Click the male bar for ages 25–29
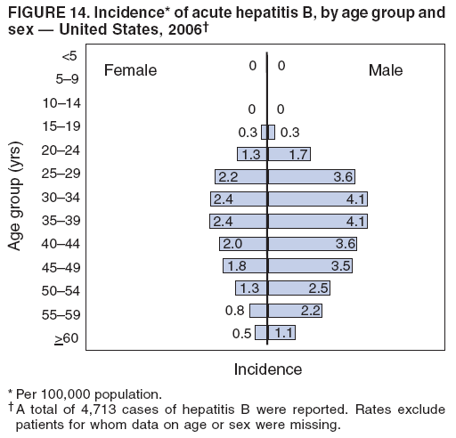tap(313, 176)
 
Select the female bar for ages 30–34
tap(239, 199)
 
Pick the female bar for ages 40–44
tap(243, 243)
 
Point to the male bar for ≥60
tap(281, 332)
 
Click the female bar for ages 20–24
tap(252, 154)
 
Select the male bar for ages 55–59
tap(295, 310)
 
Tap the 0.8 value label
tap(235, 310)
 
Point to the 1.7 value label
tap(299, 154)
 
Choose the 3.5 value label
tap(340, 265)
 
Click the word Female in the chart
tap(130, 70)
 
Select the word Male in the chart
tap(385, 70)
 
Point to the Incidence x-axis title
tap(267, 369)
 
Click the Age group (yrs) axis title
tap(17, 196)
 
